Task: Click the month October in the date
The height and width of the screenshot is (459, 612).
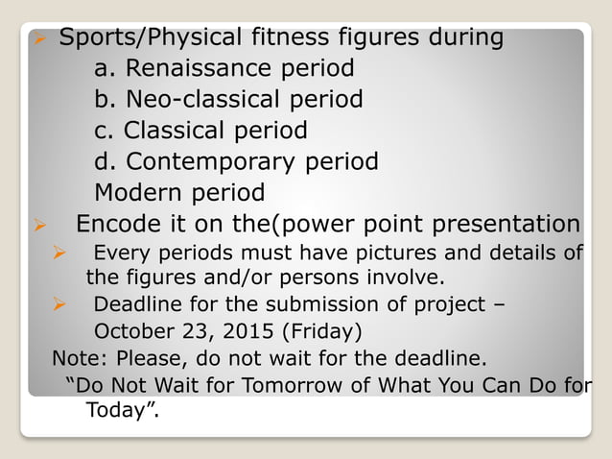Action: (130, 332)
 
